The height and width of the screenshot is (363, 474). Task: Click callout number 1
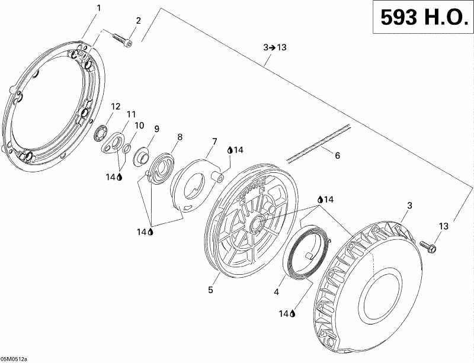[98, 8]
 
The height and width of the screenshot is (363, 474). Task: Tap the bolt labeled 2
[123, 40]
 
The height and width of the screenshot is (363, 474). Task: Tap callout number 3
[408, 205]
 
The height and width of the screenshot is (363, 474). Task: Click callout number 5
[210, 290]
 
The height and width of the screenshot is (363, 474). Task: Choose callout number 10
[139, 126]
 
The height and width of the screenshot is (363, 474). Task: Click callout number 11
[131, 114]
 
